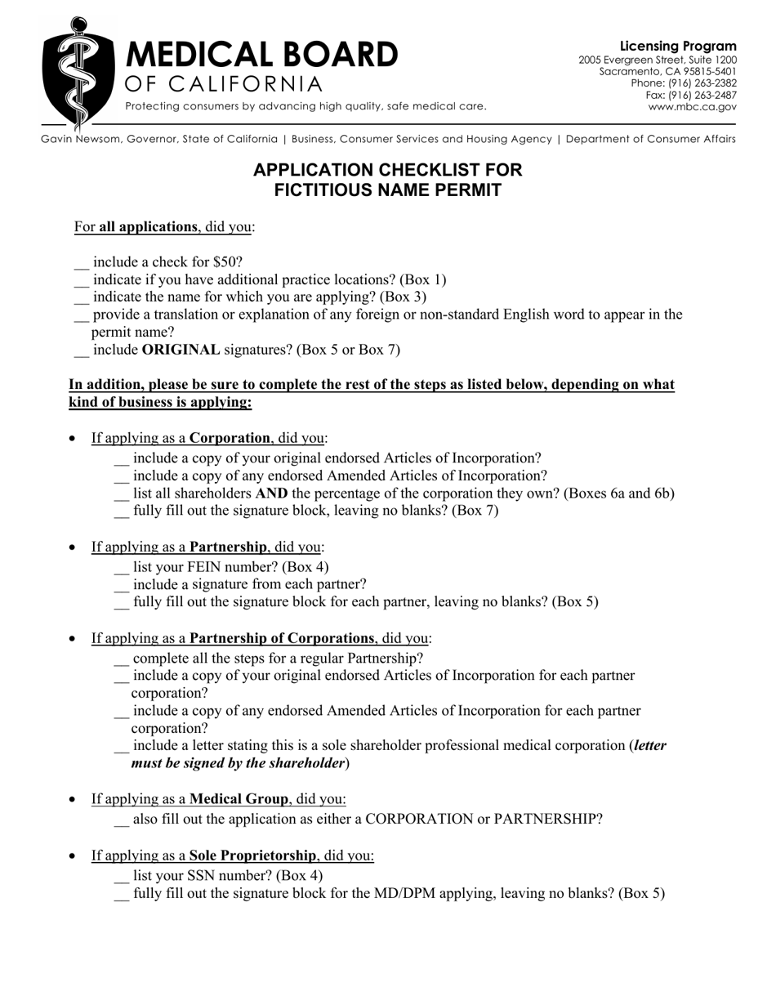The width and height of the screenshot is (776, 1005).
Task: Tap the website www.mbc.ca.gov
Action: click(x=692, y=106)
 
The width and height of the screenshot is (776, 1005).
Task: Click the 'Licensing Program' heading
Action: click(x=678, y=47)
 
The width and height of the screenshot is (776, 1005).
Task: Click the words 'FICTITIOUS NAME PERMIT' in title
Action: click(x=387, y=191)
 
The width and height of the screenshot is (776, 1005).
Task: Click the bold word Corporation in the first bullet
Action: click(x=230, y=438)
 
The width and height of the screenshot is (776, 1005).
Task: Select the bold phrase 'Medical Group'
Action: click(x=239, y=798)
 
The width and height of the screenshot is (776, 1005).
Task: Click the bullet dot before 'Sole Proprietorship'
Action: click(x=74, y=856)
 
